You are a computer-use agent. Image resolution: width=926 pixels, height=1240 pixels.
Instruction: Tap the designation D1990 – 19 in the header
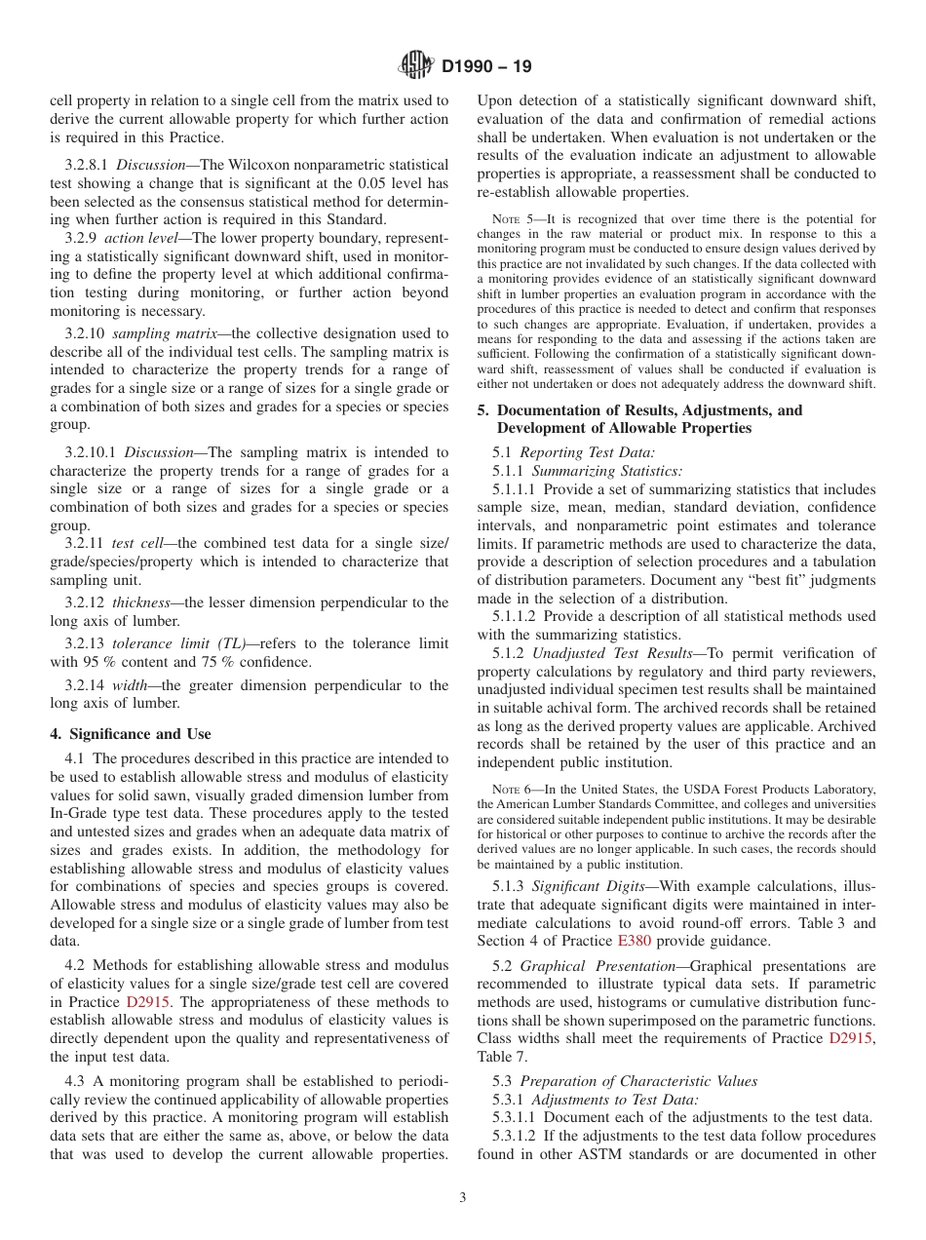coord(486,67)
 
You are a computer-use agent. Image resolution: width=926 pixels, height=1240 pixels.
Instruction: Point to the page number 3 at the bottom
coord(463,1198)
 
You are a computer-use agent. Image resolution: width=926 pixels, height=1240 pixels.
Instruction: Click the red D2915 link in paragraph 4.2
coord(149,1002)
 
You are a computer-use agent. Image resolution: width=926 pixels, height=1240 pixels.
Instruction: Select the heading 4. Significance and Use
coord(131,734)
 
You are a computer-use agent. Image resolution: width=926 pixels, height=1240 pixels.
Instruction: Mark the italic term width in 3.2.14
coord(130,685)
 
